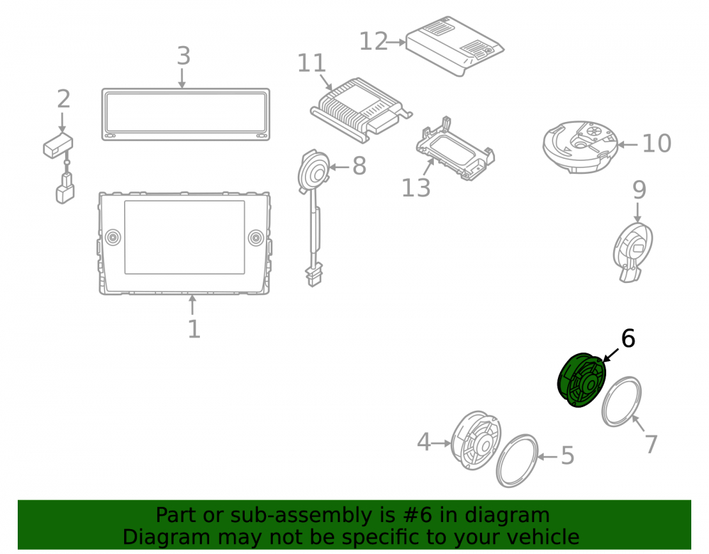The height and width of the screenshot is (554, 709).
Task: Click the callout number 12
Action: click(374, 42)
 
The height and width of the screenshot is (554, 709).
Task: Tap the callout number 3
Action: click(183, 56)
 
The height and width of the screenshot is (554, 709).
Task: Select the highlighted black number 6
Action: click(628, 338)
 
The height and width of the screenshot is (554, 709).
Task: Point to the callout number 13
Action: click(416, 188)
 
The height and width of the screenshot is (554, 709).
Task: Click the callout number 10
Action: click(657, 143)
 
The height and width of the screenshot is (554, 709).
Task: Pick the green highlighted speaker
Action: click(581, 380)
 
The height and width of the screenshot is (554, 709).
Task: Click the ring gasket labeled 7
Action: click(621, 401)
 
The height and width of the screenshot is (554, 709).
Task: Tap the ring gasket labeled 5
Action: click(518, 461)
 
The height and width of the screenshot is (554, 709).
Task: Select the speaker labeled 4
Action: click(476, 440)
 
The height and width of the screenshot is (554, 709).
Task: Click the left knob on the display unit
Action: click(113, 238)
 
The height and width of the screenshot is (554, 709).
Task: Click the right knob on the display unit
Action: click(256, 238)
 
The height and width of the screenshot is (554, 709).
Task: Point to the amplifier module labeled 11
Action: click(361, 110)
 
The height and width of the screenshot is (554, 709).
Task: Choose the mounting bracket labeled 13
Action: click(455, 149)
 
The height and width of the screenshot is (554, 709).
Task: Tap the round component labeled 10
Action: click(580, 147)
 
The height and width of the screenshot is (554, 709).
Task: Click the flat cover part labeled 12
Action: click(455, 46)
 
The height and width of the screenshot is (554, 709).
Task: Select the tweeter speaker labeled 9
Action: click(633, 252)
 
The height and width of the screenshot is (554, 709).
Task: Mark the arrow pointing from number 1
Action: click(193, 305)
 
